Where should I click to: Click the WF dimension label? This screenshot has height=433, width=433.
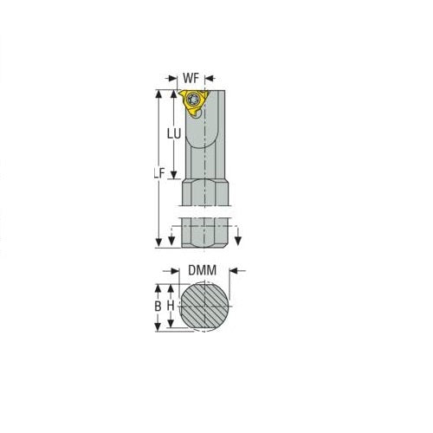192,77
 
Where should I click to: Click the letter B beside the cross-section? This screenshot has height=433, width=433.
158,306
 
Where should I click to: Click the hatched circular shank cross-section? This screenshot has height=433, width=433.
205,306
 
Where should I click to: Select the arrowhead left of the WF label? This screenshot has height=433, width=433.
178,77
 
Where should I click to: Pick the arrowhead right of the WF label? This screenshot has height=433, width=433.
208,77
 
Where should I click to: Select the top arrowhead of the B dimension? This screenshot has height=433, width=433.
158,285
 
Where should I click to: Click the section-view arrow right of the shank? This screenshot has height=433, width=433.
239,240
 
